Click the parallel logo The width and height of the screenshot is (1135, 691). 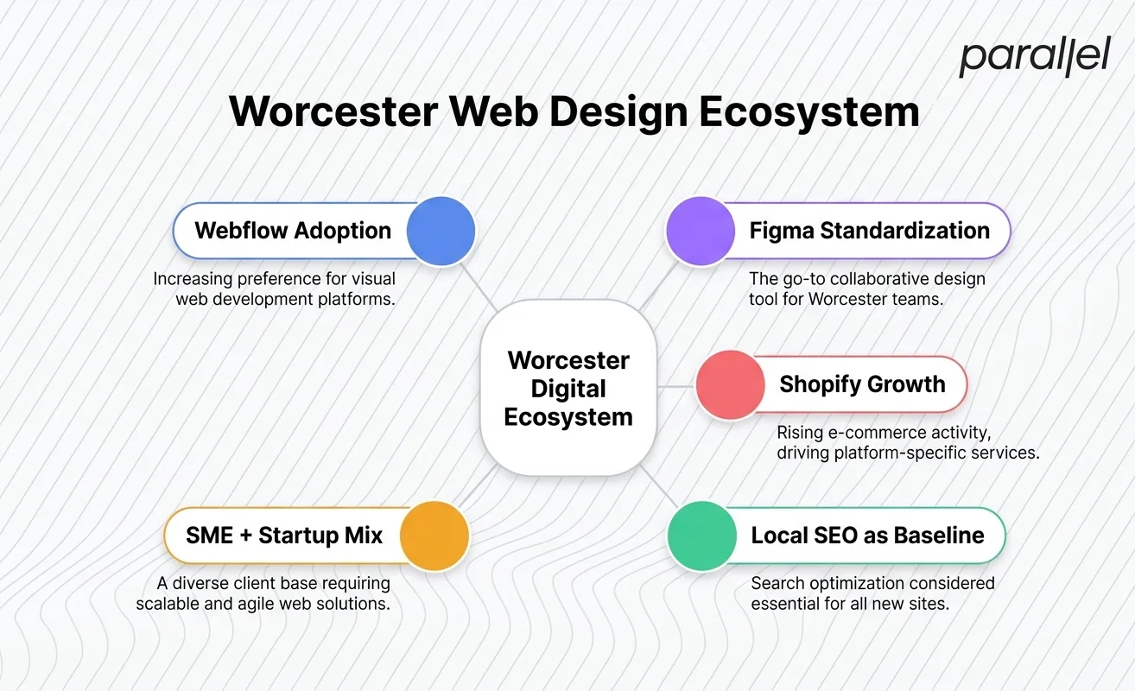(1034, 57)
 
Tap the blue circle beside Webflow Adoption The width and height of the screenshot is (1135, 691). (441, 231)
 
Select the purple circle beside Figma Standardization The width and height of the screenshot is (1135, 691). (701, 231)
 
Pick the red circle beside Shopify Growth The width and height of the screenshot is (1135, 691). (730, 385)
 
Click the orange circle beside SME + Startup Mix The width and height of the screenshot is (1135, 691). (434, 535)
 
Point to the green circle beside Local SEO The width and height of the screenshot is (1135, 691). (702, 535)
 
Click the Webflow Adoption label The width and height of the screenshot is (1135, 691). (293, 231)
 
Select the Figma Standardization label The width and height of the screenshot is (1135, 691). (869, 231)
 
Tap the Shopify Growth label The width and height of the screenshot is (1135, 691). (862, 384)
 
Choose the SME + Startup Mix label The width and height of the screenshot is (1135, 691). (284, 535)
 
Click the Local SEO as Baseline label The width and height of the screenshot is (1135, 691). (867, 535)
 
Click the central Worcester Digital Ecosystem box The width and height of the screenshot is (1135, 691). (568, 389)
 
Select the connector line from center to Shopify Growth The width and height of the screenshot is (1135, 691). (676, 385)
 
